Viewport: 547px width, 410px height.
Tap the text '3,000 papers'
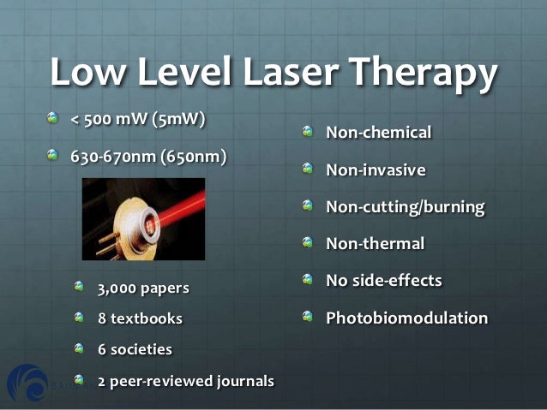coord(143,288)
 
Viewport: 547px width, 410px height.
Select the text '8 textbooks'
coord(140,318)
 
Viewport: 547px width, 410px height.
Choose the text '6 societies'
coord(135,349)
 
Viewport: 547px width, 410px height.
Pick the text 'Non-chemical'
coord(378,133)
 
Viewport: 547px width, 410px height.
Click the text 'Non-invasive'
coord(376,169)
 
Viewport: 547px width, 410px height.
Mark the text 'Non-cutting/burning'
coord(405,207)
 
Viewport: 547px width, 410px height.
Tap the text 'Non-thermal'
coord(375,244)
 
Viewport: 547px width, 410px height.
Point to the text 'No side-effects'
coord(384,281)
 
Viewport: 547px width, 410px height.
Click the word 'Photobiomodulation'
coord(406,318)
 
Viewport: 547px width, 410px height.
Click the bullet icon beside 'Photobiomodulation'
coord(309,318)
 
